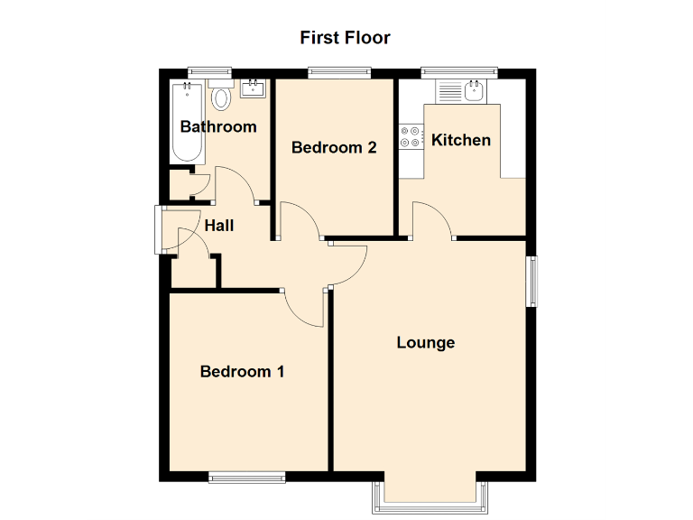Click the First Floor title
[345, 38]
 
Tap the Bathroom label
[218, 126]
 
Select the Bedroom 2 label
[334, 147]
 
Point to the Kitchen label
[461, 140]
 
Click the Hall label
[218, 225]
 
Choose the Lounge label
[426, 342]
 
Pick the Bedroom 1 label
[243, 371]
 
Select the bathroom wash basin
[252, 88]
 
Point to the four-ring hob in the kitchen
[411, 136]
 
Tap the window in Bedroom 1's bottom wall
[247, 477]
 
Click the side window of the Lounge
[533, 281]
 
